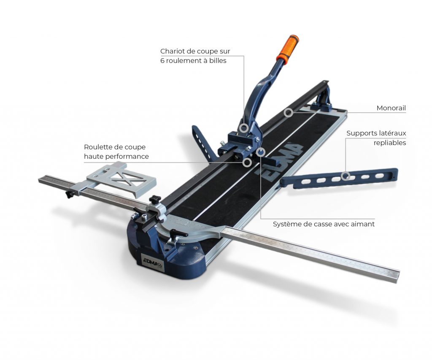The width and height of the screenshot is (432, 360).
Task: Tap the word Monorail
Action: (391, 108)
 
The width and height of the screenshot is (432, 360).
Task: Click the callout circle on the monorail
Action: (289, 112)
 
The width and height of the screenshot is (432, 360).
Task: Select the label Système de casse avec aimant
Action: (324, 224)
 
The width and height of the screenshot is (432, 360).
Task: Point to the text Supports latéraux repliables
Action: (376, 138)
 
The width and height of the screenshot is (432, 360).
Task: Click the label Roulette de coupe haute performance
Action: (116, 152)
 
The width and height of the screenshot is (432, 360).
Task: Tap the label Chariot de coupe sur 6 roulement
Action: (195, 56)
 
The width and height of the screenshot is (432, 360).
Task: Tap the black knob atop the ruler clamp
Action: (155, 199)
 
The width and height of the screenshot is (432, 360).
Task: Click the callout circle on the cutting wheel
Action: (247, 162)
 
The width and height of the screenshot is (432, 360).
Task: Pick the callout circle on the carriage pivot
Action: (243, 128)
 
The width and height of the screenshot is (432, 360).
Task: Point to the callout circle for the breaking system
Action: (260, 152)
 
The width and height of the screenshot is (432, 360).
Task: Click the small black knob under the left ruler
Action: (68, 195)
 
